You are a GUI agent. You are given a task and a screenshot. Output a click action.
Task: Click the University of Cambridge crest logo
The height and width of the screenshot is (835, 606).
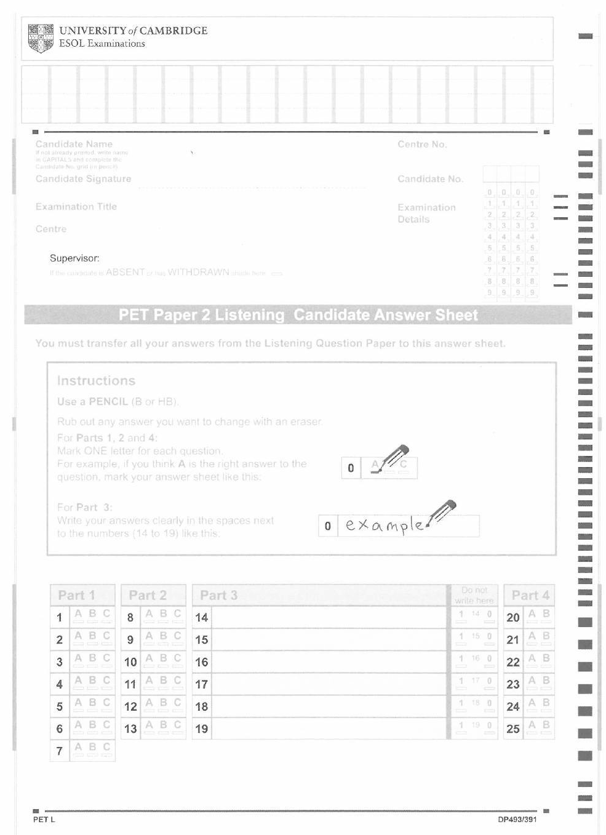coord(41,38)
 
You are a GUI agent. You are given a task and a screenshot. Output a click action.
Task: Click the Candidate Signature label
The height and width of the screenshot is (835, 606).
coord(83,179)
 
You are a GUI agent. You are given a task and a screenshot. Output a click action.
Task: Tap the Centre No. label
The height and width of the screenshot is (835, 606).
coord(422,145)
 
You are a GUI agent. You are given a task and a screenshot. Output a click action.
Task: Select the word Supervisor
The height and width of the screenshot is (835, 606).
coord(74,258)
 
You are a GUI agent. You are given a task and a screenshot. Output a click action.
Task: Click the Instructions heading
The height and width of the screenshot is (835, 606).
coord(96,381)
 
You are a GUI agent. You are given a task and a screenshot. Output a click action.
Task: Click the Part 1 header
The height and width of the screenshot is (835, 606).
coord(76,596)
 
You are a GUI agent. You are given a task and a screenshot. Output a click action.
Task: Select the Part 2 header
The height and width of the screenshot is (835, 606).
coord(148,596)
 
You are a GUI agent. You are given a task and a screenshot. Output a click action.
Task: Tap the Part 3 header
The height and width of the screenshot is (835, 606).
coord(218,596)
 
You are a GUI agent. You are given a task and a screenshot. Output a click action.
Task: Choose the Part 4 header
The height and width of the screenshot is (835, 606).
coord(530,596)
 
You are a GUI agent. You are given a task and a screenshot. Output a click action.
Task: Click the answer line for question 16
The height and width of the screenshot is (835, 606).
coord(329,662)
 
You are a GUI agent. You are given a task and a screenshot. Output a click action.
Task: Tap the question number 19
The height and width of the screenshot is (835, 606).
coord(202,729)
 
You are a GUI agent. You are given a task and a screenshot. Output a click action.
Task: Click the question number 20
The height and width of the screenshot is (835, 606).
coord(513,618)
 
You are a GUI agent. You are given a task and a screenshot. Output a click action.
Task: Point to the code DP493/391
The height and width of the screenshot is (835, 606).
coord(517,820)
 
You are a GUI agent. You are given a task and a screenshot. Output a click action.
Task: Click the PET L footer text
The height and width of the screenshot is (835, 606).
coord(44,820)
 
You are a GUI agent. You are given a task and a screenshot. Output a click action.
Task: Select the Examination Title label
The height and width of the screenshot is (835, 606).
coord(76,207)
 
